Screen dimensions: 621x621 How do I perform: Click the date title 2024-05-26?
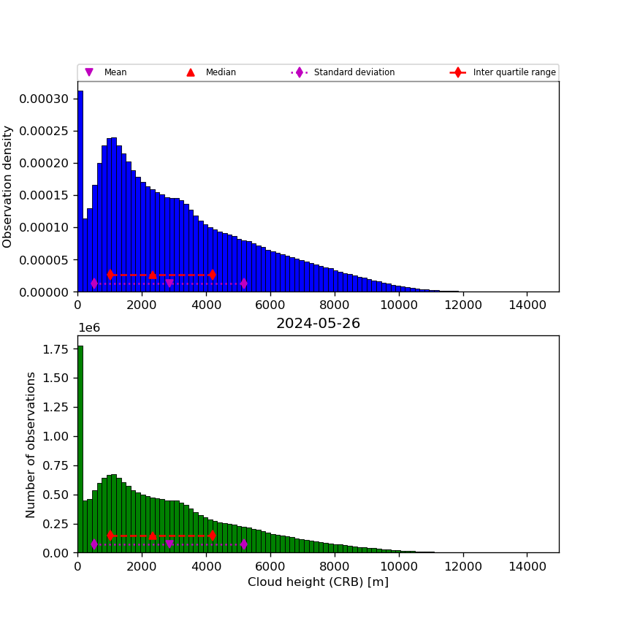(x=318, y=324)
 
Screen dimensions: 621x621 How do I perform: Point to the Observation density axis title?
(x=8, y=186)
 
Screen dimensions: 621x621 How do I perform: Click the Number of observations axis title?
(x=31, y=444)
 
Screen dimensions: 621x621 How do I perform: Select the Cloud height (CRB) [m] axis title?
(x=318, y=582)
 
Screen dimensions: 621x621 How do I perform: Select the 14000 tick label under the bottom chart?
(x=527, y=565)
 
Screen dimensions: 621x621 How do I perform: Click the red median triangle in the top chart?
(x=152, y=275)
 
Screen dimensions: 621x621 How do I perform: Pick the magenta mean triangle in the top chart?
(x=169, y=283)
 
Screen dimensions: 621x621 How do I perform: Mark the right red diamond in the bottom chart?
(x=212, y=536)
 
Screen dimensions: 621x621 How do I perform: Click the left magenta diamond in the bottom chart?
(x=94, y=544)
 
